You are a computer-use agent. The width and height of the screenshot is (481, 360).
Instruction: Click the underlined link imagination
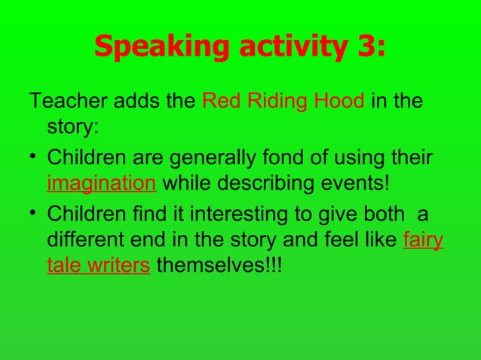[x=101, y=185]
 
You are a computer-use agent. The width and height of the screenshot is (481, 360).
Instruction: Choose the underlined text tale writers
[x=98, y=267]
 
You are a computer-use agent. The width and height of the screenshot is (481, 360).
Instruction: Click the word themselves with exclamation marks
[x=219, y=267]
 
